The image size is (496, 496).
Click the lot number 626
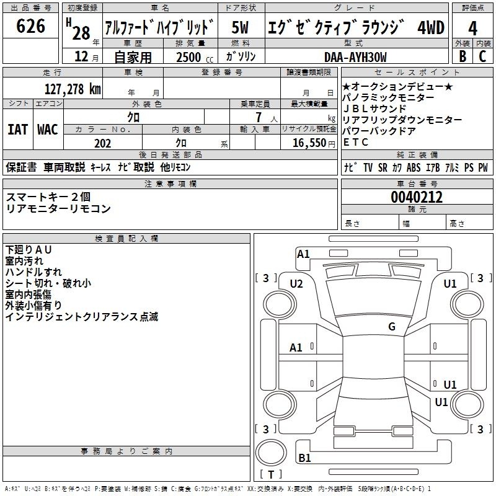click(x=30, y=26)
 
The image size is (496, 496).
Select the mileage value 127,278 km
click(x=73, y=89)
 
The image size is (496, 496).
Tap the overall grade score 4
click(x=472, y=28)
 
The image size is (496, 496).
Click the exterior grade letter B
click(x=463, y=56)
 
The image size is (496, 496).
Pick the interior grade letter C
click(x=482, y=56)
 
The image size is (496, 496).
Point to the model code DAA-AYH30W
click(x=355, y=57)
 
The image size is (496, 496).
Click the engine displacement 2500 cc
click(x=195, y=57)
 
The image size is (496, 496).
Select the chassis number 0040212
click(x=417, y=197)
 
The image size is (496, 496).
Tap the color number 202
click(x=102, y=143)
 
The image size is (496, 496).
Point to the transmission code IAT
click(x=18, y=130)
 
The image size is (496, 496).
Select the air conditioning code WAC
click(x=48, y=130)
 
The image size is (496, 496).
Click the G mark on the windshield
click(x=392, y=327)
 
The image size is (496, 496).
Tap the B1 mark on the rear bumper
click(x=304, y=458)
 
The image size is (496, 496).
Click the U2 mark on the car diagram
click(x=296, y=284)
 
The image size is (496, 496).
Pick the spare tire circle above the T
click(x=271, y=453)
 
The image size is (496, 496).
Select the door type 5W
click(x=240, y=27)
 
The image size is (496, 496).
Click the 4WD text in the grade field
click(x=431, y=27)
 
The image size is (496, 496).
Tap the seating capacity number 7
click(x=259, y=117)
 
